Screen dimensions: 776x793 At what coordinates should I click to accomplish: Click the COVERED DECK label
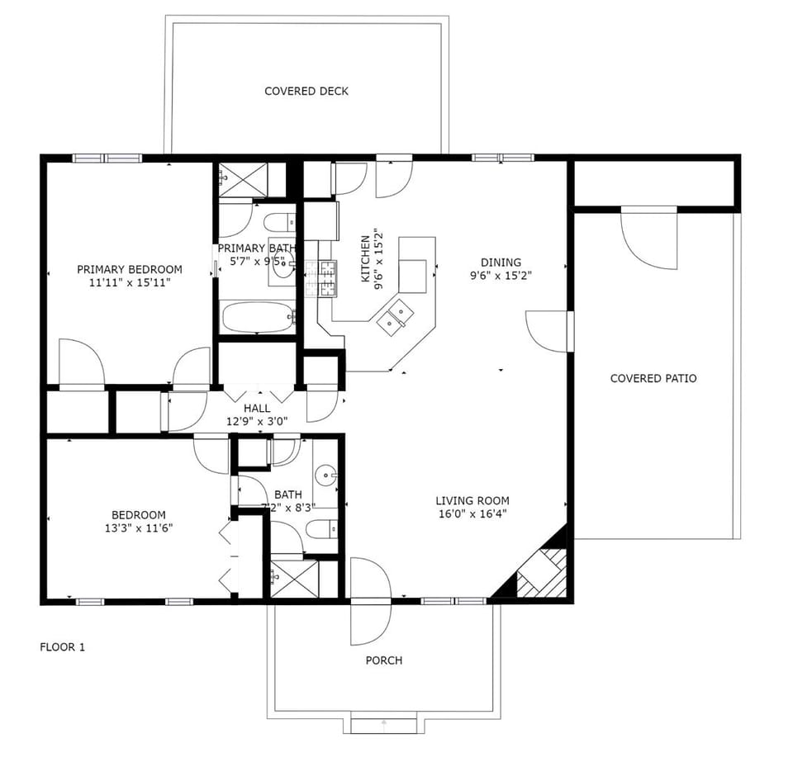click(306, 91)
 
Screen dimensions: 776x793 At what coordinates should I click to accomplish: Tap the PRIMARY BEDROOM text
click(130, 269)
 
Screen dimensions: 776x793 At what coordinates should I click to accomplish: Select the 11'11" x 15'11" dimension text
click(130, 282)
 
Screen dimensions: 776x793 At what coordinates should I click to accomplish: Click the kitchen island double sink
click(395, 316)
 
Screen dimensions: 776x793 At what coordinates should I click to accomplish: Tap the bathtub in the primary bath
click(257, 317)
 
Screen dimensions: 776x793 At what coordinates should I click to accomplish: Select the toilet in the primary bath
click(279, 222)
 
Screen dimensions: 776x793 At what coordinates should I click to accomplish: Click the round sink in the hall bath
click(326, 476)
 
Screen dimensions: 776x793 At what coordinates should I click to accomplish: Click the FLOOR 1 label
click(62, 647)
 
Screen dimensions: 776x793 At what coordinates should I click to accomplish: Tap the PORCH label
click(384, 660)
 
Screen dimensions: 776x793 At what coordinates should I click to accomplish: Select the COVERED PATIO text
click(653, 378)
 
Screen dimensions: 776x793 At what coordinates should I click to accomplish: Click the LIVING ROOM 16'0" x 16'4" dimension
click(472, 513)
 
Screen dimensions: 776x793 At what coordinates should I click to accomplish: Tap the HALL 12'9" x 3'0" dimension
click(257, 421)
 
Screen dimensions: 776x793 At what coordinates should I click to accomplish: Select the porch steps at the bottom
click(383, 725)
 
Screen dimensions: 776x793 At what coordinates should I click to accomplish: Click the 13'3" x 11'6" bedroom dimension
click(139, 528)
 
